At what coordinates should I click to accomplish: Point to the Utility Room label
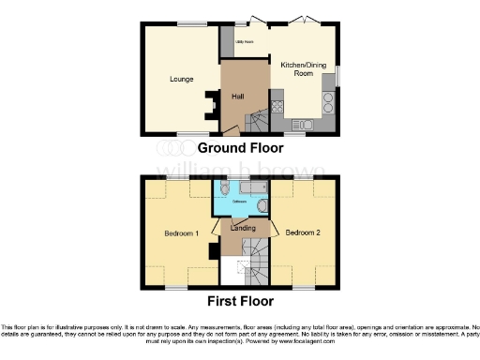point(246,42)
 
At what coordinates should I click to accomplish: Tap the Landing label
point(243,228)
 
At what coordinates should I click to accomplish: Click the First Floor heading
point(243,302)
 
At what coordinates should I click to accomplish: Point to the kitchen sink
point(302,124)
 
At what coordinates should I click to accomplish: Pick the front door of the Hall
point(232,132)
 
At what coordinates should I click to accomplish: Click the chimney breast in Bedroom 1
point(215,251)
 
